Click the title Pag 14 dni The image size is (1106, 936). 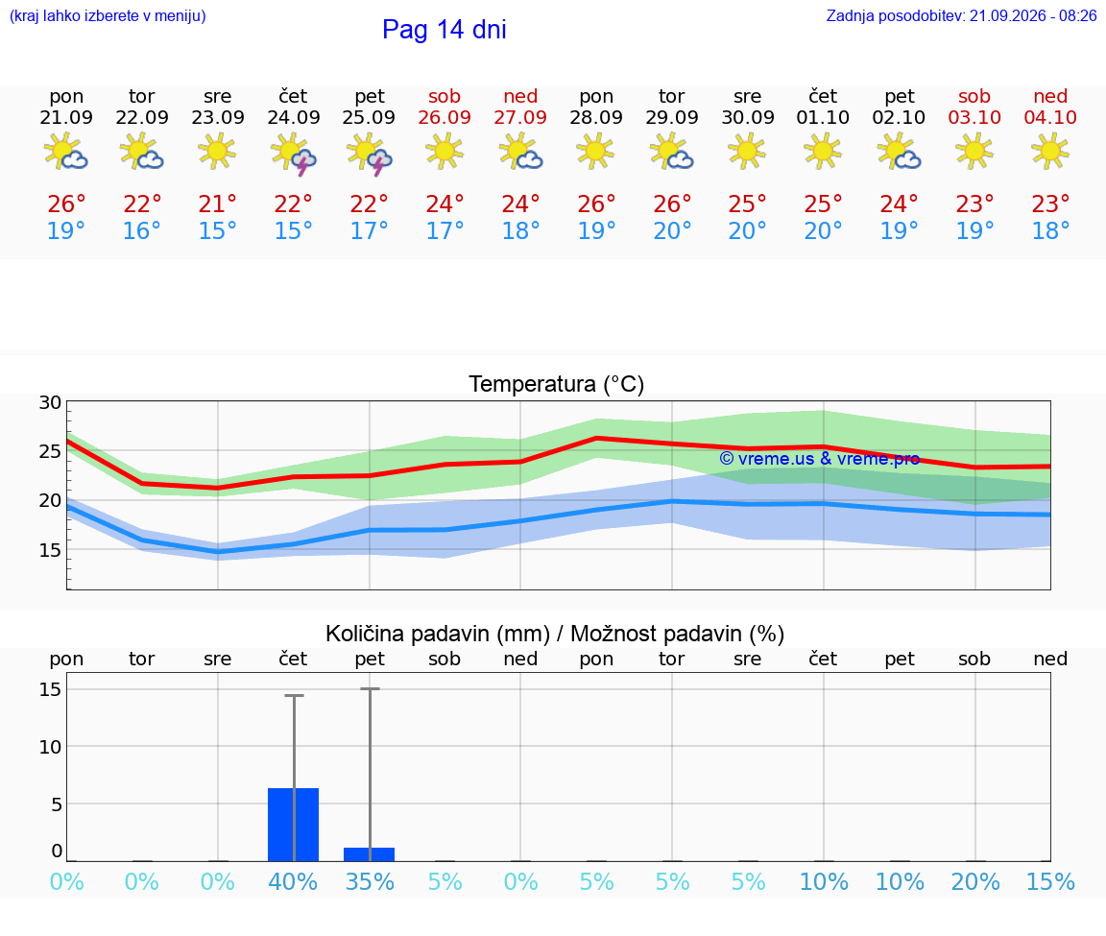pos(445,30)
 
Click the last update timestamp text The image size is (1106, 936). pos(961,15)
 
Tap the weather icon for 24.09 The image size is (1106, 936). pos(294,153)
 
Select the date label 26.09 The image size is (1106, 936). pos(445,117)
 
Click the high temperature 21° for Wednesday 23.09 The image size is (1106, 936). pos(217,204)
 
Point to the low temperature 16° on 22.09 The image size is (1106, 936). pos(142,230)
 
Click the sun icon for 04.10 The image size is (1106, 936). pos(1050,151)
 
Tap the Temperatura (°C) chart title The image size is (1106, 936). pos(557,384)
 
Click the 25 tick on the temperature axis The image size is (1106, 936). pos(50,450)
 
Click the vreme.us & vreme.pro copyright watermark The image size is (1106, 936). pos(820,459)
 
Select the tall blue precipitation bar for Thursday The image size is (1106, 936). pos(294,825)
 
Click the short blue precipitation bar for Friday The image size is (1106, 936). pos(369,854)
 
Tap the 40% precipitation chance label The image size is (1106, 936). pos(294,881)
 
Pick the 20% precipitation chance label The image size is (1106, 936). pos(975,881)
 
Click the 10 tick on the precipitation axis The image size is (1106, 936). pos(50,746)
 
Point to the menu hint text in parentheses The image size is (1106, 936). pos(108,15)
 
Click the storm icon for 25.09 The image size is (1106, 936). pos(369,153)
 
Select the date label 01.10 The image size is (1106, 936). pos(823,117)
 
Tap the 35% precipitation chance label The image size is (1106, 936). pos(369,881)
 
